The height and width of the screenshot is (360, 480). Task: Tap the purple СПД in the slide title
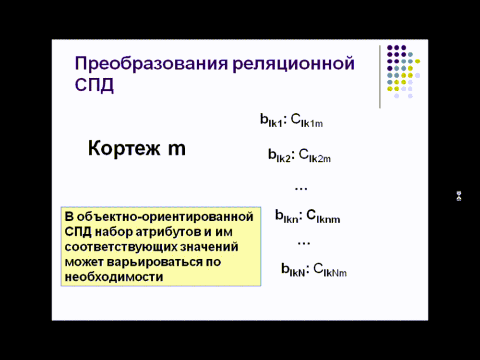pos(94,84)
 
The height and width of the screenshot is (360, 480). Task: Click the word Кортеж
pos(124,148)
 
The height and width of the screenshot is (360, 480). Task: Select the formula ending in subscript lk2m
pos(300,155)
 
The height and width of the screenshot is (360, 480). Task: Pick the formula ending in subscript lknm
pos(307,216)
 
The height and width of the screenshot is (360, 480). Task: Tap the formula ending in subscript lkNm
pos(314,270)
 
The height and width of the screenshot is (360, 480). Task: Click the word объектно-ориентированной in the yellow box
pos(165,217)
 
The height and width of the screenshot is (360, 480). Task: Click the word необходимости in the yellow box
pos(114,277)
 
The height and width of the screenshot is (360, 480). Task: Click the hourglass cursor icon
pos(459,196)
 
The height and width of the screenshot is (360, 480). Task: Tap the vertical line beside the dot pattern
pos(380,77)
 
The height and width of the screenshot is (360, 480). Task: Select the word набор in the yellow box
pos(113,232)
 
